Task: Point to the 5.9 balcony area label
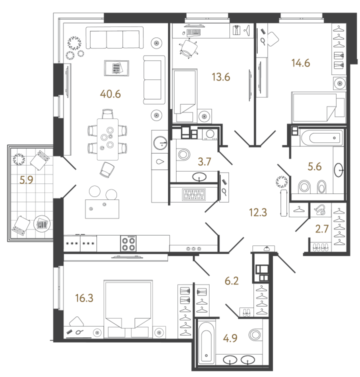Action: point(26,181)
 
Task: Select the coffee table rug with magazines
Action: point(116,68)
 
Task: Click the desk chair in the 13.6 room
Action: point(189,47)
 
